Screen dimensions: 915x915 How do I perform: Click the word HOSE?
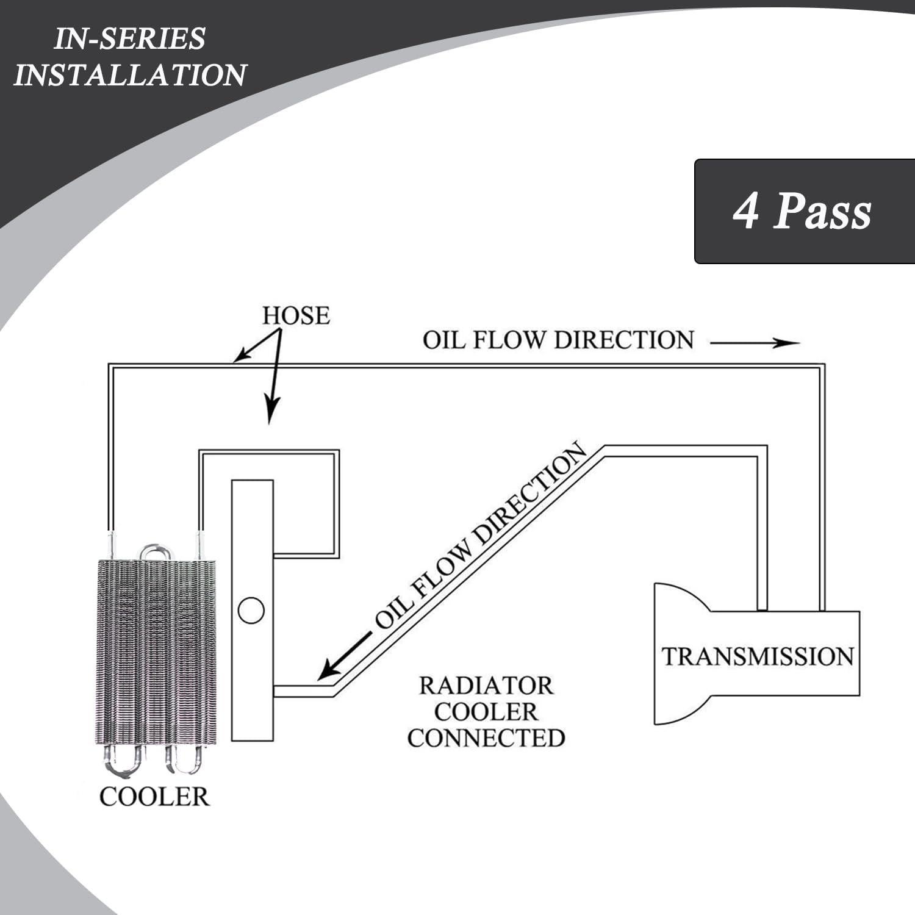296,316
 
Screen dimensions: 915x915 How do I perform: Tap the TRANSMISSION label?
758,656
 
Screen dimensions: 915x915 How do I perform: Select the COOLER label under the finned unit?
154,797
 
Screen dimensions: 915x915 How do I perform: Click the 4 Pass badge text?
802,212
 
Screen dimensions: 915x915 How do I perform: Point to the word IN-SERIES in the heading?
130,39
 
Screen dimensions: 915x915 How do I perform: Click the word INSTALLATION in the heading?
130,74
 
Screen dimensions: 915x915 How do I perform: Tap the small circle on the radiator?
251,610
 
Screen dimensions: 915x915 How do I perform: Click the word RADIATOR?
486,686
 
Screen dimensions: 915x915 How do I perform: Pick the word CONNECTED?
486,738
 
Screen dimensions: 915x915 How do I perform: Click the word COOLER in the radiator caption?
486,712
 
